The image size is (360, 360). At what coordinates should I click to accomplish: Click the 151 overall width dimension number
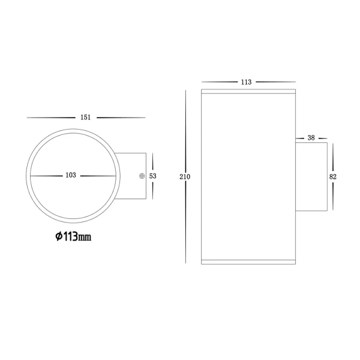coord(85,117)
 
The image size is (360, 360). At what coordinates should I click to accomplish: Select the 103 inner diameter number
coord(70,175)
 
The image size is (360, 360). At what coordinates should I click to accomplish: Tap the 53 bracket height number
coord(152,176)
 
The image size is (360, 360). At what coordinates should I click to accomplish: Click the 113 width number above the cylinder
coord(246,82)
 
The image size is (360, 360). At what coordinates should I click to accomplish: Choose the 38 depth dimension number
coord(311,137)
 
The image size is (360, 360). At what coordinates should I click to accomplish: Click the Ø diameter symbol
coord(59,236)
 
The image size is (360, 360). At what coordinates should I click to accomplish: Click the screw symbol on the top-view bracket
coord(142,176)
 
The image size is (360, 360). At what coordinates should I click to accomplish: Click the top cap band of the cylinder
coord(248,93)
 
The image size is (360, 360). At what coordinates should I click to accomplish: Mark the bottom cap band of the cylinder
coord(248,262)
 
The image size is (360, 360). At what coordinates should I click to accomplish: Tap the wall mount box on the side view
coord(311,177)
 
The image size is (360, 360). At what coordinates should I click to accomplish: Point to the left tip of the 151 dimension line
coord(26,117)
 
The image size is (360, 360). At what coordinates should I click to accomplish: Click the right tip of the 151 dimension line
coord(145,117)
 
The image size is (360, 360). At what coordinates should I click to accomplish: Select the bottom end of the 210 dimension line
coord(185,264)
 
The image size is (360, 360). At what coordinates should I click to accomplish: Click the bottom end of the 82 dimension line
coord(333,211)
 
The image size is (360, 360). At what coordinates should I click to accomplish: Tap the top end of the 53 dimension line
coord(152,152)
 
